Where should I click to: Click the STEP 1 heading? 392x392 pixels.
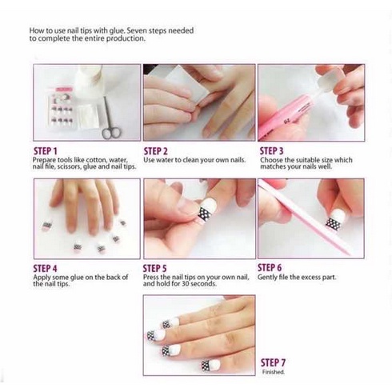point(46,151)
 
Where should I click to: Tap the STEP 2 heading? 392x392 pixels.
point(156,151)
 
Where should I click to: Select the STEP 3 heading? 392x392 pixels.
point(272,151)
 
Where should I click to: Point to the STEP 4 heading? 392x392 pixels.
point(46,268)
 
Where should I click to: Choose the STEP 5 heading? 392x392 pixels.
point(155,268)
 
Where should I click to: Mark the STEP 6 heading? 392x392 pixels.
point(270,267)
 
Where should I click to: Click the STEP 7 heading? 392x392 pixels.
point(273,362)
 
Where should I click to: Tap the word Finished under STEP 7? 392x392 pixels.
point(274,372)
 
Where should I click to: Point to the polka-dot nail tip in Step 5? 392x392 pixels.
point(208,210)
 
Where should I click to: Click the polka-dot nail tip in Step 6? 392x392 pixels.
point(336,219)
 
